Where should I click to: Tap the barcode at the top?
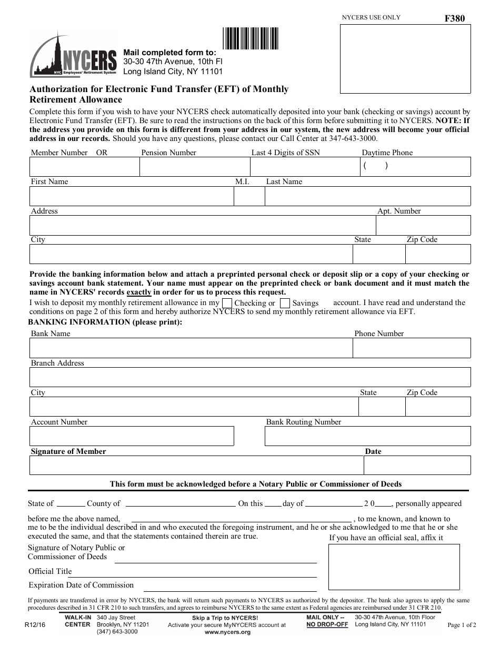coord(251,38)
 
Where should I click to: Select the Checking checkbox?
coord(227,303)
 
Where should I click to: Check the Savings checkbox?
coord(285,303)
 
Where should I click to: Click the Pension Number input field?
coord(194,167)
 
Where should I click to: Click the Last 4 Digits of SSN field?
coord(305,167)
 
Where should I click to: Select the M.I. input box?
coord(249,196)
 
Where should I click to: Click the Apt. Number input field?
coord(423,225)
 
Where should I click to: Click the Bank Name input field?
coord(191,348)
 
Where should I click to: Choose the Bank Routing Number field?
coord(367,436)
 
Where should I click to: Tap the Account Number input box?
coord(132,436)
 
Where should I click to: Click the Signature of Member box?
coord(196,465)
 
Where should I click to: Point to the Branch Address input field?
coord(250,377)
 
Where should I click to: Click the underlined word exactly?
coord(139,292)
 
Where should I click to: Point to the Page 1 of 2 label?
coord(462,625)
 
